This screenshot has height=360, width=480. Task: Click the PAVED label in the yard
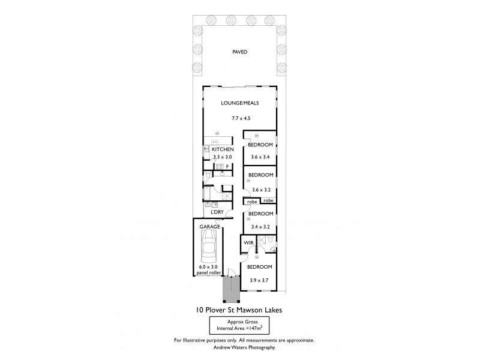pos(240,52)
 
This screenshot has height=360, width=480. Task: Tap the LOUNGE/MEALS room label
pos(239,103)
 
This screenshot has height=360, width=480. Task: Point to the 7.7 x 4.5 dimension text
pos(239,119)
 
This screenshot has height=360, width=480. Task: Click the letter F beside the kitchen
pos(227,166)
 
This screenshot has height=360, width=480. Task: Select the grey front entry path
pos(231,289)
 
